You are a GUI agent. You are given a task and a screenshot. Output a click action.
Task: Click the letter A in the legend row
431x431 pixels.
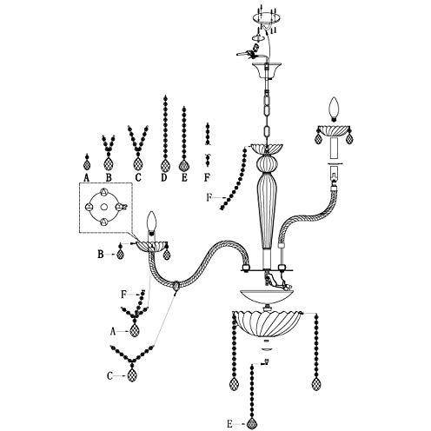point(86,177)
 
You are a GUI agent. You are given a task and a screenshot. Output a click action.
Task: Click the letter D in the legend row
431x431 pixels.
point(164,177)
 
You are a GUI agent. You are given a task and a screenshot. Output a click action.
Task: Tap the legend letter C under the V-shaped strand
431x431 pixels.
point(138,177)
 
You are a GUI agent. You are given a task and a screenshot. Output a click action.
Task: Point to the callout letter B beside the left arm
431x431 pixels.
point(100,255)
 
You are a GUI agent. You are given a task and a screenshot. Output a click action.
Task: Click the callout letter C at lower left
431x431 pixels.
point(109,376)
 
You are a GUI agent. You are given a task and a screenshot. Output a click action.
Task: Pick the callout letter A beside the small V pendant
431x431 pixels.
point(113,332)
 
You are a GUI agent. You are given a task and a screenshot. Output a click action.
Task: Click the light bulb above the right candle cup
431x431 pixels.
point(335,109)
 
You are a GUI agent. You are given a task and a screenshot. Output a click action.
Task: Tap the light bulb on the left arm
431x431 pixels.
point(152,222)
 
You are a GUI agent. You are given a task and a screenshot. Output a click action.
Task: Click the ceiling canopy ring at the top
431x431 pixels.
point(267,18)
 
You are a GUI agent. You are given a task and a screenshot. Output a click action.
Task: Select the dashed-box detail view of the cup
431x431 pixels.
point(106,208)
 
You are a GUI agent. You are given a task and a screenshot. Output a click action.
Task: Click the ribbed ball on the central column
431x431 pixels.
point(267,163)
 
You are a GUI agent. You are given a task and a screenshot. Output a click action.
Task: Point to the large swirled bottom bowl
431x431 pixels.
point(267,323)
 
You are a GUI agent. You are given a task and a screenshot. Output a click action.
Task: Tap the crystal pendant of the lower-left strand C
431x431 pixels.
point(132,375)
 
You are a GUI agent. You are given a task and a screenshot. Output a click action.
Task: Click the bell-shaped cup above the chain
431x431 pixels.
point(267,70)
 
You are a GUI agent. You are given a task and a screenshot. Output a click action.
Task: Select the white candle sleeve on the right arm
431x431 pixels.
point(335,148)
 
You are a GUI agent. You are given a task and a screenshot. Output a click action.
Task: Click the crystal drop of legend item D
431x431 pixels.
point(165,166)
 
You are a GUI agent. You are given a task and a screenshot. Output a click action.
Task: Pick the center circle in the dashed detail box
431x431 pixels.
point(104,207)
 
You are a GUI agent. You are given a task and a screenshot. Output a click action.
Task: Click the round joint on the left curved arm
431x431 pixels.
point(176,286)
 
